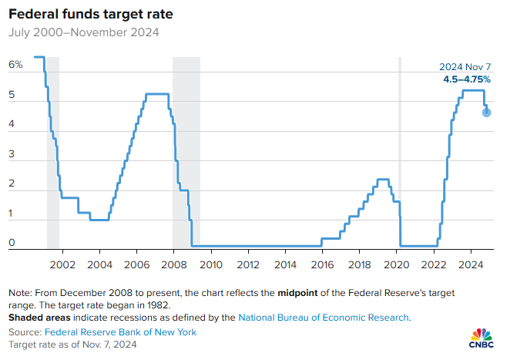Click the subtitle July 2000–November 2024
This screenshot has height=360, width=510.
tap(84, 32)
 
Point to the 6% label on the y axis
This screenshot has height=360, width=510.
tap(16, 65)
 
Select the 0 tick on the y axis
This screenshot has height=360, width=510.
tap(12, 244)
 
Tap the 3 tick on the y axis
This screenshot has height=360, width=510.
tap(12, 155)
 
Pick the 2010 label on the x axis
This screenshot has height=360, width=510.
tap(211, 264)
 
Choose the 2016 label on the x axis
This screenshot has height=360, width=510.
tap(323, 264)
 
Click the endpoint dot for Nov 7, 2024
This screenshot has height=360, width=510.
tap(487, 113)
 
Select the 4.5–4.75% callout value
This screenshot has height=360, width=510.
tap(466, 79)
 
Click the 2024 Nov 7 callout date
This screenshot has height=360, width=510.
tap(465, 67)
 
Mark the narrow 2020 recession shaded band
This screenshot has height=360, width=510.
tap(399, 154)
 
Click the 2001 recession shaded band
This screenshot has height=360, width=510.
tap(53, 154)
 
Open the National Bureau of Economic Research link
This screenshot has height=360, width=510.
tap(324, 317)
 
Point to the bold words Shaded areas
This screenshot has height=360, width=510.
tap(38, 317)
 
